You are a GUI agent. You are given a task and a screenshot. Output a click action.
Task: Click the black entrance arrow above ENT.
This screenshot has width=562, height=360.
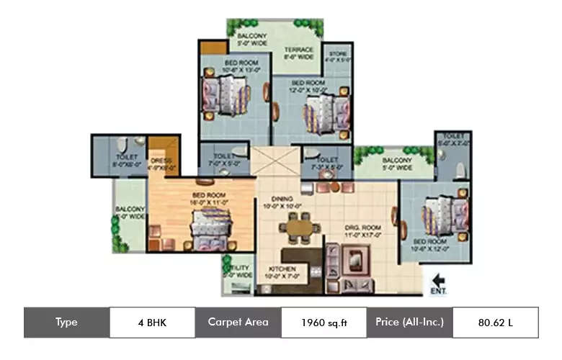[437, 279]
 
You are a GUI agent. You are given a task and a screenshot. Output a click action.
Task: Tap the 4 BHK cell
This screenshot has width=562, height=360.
[152, 323]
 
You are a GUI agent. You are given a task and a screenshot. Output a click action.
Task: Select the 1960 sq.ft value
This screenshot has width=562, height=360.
[324, 323]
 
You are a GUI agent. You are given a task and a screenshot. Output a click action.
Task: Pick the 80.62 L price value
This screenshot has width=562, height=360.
[495, 323]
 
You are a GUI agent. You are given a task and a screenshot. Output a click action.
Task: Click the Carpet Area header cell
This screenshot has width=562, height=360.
[238, 323]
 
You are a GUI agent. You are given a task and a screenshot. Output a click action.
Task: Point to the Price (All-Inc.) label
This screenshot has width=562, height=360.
[409, 322]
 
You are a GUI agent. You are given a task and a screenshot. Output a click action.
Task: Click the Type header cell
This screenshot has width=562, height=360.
[66, 323]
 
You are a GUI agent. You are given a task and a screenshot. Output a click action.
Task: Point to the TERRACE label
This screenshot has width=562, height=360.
[298, 51]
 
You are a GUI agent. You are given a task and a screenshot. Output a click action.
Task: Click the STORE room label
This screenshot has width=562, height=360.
[339, 54]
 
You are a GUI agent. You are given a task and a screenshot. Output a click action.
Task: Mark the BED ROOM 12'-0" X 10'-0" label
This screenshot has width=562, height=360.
[308, 86]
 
